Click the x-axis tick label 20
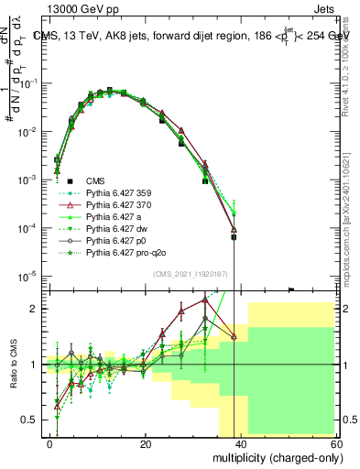pos(146,444)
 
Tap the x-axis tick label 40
pos(241,444)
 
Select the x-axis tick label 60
pos(335,444)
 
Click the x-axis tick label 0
pos(50,444)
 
